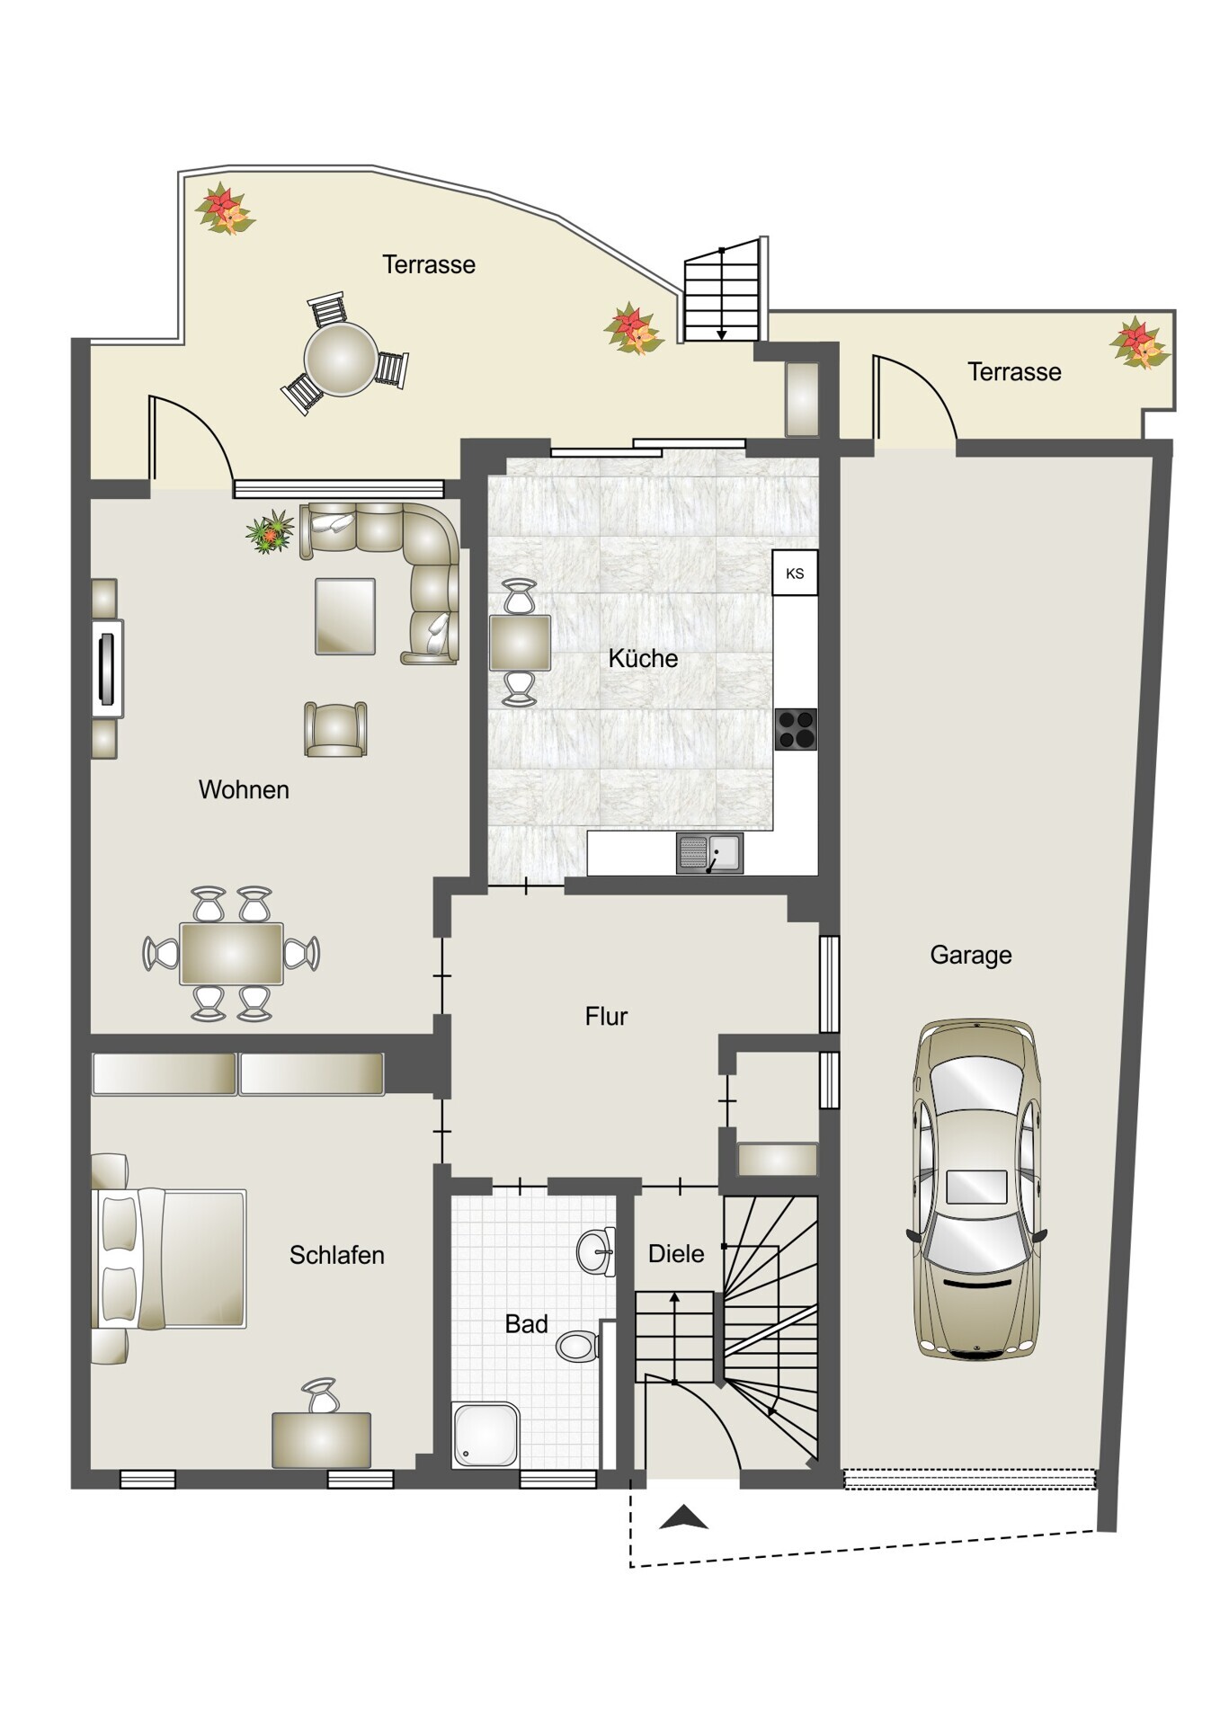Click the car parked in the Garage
pos(976,1188)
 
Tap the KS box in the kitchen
pos(795,573)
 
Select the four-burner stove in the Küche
pos(796,729)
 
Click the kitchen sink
pos(709,853)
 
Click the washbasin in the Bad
pos(596,1250)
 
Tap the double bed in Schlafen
pos(169,1259)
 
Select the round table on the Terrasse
pos(341,359)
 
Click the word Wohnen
pos(244,789)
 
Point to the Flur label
pos(606,1016)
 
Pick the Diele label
pos(676,1253)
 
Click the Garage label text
pos(971,955)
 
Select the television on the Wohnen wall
pos(107,668)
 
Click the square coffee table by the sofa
pos(345,616)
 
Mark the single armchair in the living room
pos(335,729)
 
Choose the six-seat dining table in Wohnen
pos(232,954)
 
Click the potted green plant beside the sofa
pos(271,532)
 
